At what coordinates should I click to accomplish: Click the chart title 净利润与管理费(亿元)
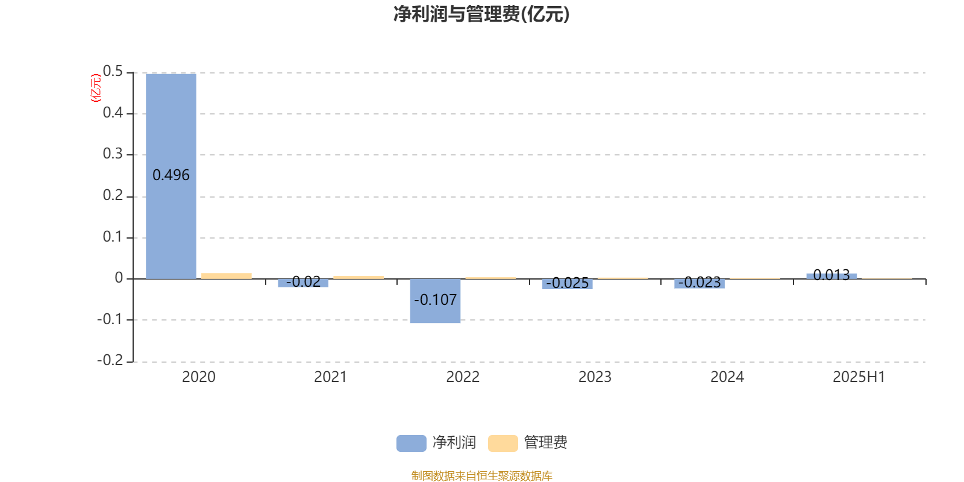(x=481, y=14)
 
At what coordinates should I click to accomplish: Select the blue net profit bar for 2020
(x=171, y=177)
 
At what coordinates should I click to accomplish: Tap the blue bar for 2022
(x=435, y=301)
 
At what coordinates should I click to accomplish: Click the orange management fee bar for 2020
(x=227, y=276)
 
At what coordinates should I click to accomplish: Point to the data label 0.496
(x=171, y=175)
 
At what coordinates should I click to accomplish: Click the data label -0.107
(x=435, y=300)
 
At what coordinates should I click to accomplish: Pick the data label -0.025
(x=567, y=283)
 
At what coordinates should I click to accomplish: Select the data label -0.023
(x=700, y=283)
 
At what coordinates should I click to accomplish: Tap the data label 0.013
(x=831, y=275)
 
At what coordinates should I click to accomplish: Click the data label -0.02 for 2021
(x=303, y=282)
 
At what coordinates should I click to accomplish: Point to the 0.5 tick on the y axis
(x=113, y=72)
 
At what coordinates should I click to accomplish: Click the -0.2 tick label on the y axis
(x=110, y=360)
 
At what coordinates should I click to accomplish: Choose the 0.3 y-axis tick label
(x=113, y=154)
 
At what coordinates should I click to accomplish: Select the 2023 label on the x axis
(x=595, y=377)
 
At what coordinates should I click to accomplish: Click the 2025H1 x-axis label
(x=859, y=377)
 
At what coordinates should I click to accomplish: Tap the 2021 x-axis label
(x=331, y=377)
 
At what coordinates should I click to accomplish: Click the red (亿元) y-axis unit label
(x=96, y=88)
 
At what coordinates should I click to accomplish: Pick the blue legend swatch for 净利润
(x=412, y=443)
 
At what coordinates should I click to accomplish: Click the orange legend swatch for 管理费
(x=502, y=443)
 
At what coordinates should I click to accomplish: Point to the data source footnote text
(x=481, y=475)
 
